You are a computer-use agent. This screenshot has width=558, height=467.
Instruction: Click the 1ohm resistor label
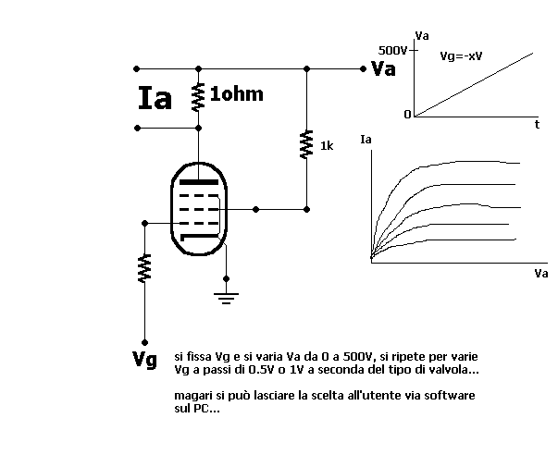point(236,94)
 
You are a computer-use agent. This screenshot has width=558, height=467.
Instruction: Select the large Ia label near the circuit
point(155,99)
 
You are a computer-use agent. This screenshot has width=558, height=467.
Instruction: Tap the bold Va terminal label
point(383,69)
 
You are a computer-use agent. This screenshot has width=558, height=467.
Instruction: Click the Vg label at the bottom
point(144,359)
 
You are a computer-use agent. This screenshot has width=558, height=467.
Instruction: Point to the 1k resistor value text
point(326,146)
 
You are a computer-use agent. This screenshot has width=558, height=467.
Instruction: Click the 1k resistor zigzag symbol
point(306,144)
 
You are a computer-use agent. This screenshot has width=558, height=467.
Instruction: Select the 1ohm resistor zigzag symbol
point(198,96)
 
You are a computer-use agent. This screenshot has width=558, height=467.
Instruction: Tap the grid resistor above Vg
point(144,268)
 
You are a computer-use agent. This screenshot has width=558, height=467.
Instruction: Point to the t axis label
point(537,124)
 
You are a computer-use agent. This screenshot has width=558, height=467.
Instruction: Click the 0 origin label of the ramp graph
point(406,115)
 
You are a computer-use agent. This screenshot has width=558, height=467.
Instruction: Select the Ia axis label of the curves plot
point(366,141)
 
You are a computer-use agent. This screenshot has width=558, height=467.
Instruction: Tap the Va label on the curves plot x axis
point(540,274)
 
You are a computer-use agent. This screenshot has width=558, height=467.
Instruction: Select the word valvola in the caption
point(456,370)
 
